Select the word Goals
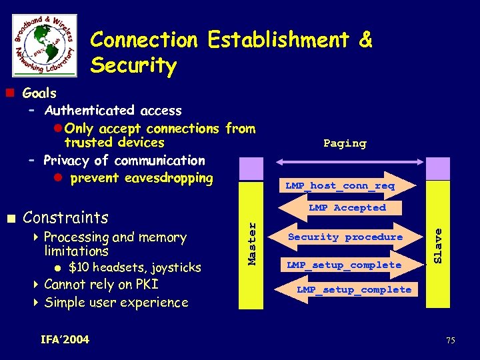(x=39, y=93)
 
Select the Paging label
(x=345, y=143)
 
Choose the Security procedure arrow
(x=345, y=237)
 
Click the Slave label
(x=437, y=245)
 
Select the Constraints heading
(x=65, y=218)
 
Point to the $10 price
(x=79, y=268)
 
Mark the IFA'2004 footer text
(x=65, y=340)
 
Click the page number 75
(x=451, y=341)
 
